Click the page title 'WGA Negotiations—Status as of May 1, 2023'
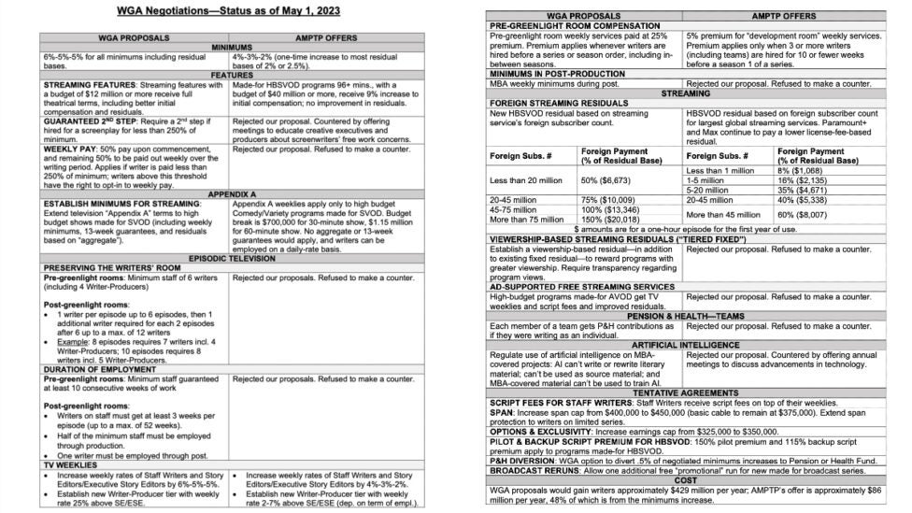tap(228, 12)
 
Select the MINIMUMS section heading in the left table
tap(228, 46)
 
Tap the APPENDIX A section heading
tap(228, 194)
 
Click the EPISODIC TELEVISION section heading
tap(228, 257)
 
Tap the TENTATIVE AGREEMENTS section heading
tap(687, 392)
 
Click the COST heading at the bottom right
tap(687, 479)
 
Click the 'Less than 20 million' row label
tap(528, 179)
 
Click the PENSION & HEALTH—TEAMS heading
tap(687, 315)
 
